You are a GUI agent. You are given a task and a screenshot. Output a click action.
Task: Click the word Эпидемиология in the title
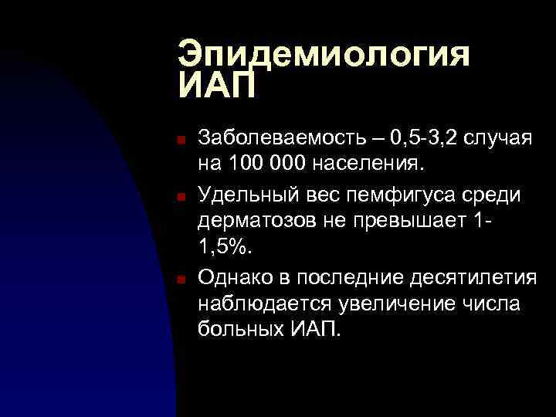[x=324, y=56]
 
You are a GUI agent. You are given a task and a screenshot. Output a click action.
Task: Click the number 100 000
[x=263, y=164]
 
